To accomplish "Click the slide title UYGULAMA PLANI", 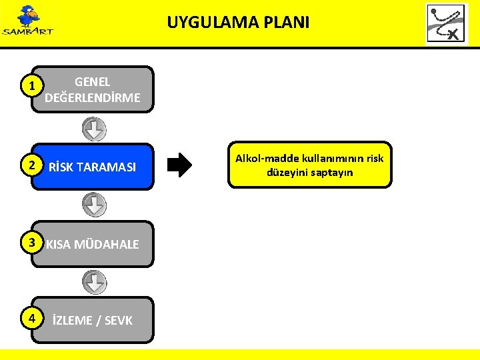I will (x=238, y=23).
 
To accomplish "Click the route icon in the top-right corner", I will (x=447, y=23).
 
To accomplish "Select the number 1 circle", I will (x=27, y=86).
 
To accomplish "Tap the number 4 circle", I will (x=27, y=319).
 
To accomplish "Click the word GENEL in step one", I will (x=93, y=82).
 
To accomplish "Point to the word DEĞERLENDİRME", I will (x=93, y=98).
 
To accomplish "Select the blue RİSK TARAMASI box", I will (x=93, y=167).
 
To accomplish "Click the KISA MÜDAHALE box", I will (x=93, y=244).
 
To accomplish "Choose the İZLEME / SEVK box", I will (x=93, y=320).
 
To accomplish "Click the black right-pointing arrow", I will (x=179, y=165).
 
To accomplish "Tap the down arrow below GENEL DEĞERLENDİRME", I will (x=94, y=129).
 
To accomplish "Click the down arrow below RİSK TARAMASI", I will (x=94, y=205).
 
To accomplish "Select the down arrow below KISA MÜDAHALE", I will (x=94, y=282).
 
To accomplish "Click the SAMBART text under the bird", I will (x=27, y=31).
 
